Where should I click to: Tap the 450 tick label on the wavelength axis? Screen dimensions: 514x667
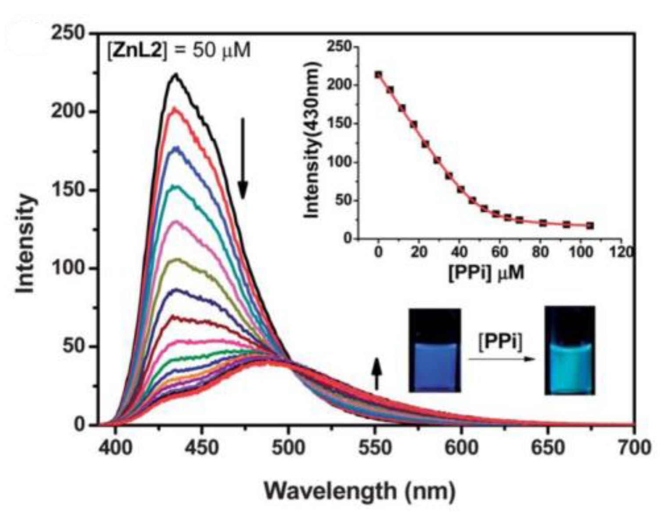201,448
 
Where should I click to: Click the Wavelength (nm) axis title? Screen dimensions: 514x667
359,491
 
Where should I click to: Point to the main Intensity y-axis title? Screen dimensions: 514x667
25,243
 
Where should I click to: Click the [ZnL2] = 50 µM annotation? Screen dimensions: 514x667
179,51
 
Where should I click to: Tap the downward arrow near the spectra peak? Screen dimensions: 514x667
243,158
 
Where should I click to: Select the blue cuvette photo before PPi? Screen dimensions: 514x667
434,350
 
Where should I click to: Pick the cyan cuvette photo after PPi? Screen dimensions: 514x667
570,350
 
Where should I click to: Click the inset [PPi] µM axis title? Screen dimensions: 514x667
486,273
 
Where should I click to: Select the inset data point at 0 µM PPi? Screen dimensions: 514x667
378,75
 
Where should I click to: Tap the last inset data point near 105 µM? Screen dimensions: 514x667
590,225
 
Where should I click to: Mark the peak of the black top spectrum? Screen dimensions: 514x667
176,74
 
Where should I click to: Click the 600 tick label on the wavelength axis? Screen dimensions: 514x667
461,448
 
